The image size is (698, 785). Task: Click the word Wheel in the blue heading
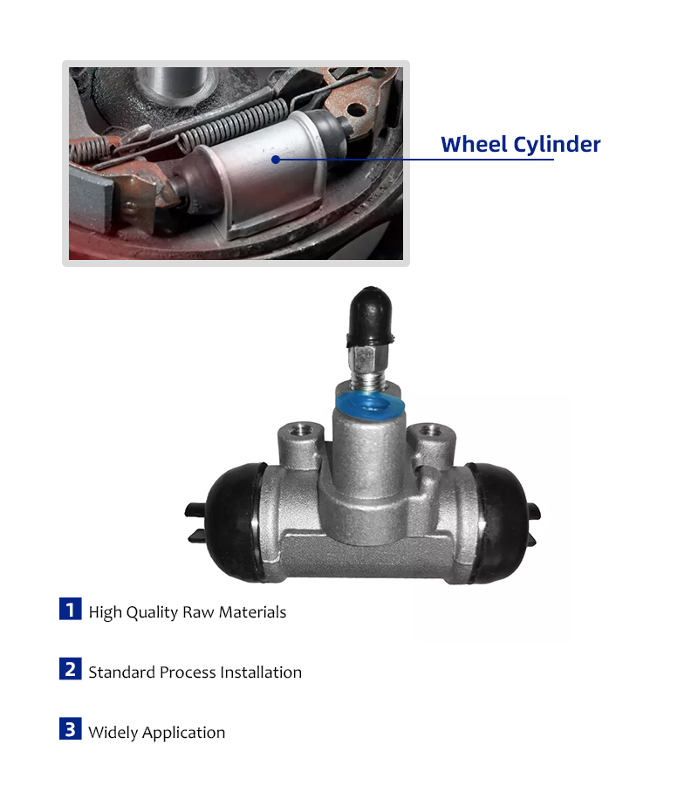pos(474,144)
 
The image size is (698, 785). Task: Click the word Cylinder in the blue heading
pos(557,145)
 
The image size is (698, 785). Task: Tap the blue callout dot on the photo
pos(276,160)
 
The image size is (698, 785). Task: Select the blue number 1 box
pos(71,609)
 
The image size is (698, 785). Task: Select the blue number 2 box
pos(71,669)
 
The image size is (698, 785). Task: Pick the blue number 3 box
pos(71,729)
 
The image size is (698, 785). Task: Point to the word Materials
pos(252,611)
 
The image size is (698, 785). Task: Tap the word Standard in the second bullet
pos(121,672)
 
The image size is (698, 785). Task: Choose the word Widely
pos(113,733)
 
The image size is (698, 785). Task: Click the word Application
pos(184,733)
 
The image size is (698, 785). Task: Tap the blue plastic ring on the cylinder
pos(370,406)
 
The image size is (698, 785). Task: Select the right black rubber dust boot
pos(500,523)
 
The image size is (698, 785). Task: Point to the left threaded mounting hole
pos(300,430)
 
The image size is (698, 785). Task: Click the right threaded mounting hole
pos(431,430)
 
